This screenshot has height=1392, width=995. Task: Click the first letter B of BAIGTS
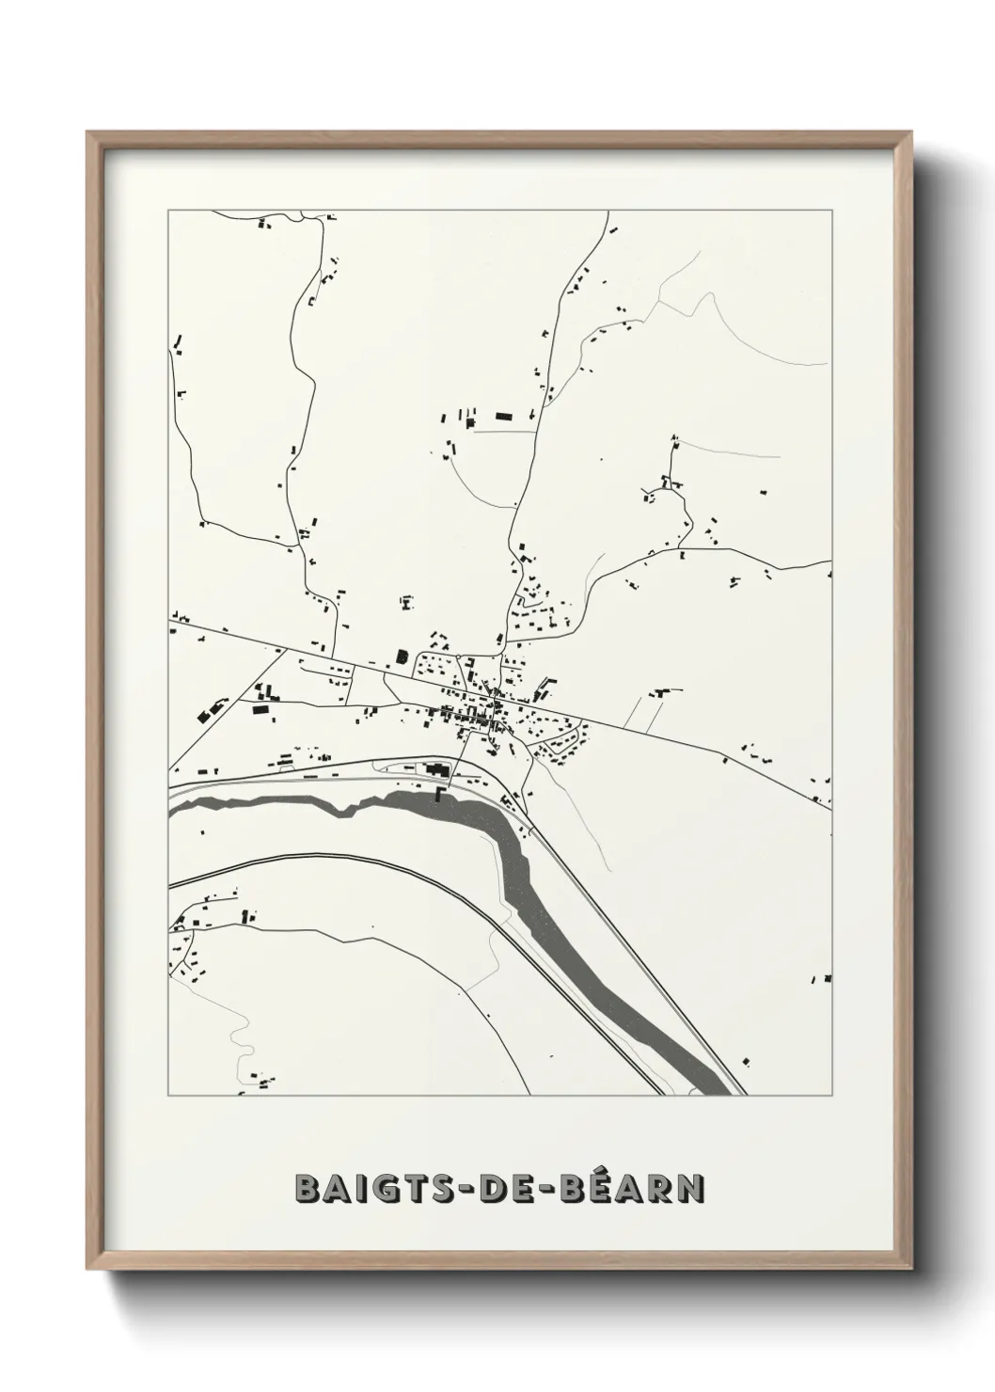tap(308, 1189)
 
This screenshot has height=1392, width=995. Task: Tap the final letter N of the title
tap(692, 1189)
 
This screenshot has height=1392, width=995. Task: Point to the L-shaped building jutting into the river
tap(440, 796)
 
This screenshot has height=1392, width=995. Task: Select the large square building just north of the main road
tap(402, 656)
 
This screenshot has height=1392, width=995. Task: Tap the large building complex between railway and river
tap(434, 769)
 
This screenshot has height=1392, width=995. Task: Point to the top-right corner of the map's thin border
tap(831, 210)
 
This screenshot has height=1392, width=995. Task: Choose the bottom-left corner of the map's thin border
tap(168, 1097)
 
